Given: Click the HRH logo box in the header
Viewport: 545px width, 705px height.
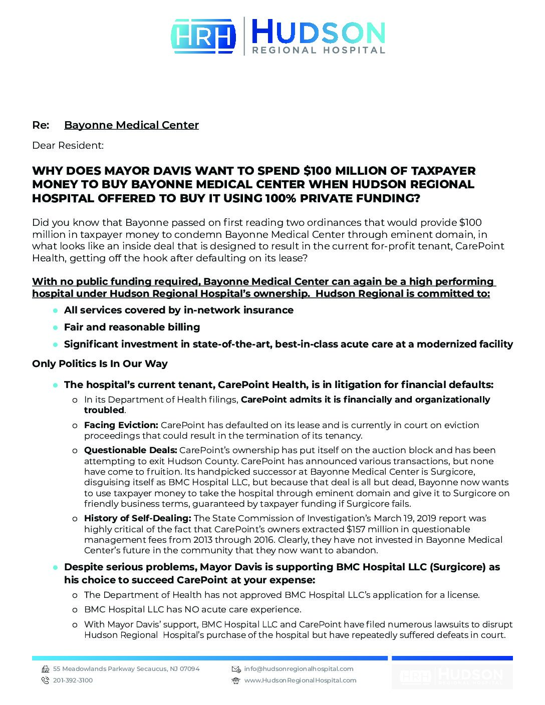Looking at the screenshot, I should [203, 36].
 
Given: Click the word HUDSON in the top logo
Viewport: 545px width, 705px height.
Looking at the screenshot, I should [318, 32].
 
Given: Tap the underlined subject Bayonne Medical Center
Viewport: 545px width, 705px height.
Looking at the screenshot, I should [131, 125].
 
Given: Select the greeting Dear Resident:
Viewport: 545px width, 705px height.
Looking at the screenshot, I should [68, 146].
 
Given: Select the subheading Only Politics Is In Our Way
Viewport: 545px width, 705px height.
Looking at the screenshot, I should [100, 364].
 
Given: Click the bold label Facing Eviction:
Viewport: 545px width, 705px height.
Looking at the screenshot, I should [121, 425].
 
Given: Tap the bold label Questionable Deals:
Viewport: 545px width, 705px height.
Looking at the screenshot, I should [130, 450].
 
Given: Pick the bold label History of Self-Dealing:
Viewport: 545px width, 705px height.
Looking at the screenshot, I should [137, 518].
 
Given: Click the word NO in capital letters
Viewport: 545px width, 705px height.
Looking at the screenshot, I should [192, 609].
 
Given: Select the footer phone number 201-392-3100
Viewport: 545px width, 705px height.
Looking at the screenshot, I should [73, 680].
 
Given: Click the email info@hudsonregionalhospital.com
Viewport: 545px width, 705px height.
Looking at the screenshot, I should [299, 669].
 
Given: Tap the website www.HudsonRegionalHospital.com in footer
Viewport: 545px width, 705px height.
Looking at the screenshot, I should [300, 680].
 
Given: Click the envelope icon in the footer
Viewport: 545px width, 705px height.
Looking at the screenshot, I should [236, 669].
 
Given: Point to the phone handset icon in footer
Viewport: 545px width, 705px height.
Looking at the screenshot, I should [45, 680].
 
